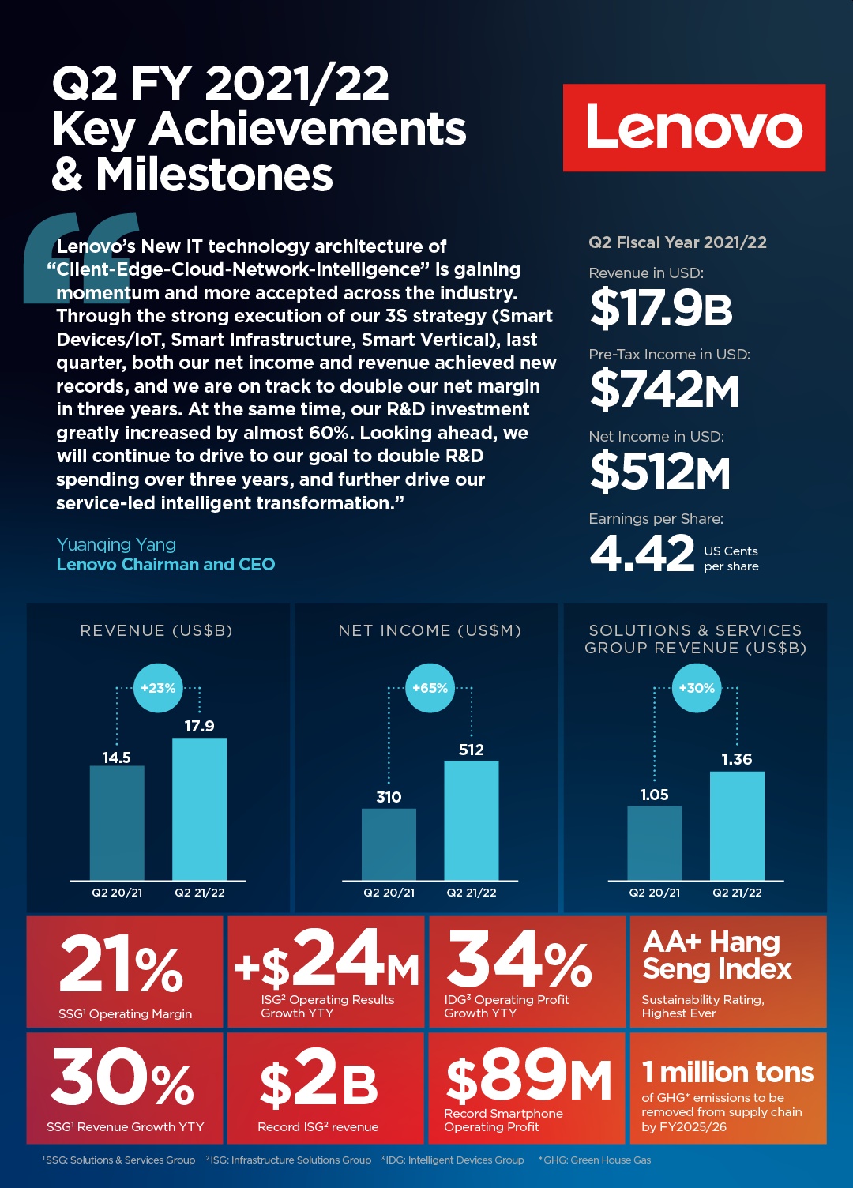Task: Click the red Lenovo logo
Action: (x=693, y=128)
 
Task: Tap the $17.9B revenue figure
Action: (x=661, y=308)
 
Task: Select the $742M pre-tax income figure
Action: (x=664, y=389)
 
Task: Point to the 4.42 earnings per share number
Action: (x=641, y=553)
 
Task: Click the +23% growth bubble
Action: (x=158, y=688)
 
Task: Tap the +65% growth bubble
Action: (x=430, y=688)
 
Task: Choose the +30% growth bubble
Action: (x=697, y=688)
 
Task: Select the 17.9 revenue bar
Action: (x=199, y=809)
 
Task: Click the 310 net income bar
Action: (x=389, y=844)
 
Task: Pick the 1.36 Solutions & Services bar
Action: (x=737, y=825)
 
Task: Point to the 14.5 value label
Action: (x=116, y=758)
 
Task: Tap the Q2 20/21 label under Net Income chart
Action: (x=389, y=893)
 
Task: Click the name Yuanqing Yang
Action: (x=116, y=544)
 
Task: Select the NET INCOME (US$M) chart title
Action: (x=430, y=630)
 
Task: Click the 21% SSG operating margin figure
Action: (x=122, y=964)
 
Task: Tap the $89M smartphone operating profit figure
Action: (x=528, y=1077)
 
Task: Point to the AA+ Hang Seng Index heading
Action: (x=716, y=955)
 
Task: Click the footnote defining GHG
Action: (x=595, y=1160)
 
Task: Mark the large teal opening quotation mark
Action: (x=79, y=257)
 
